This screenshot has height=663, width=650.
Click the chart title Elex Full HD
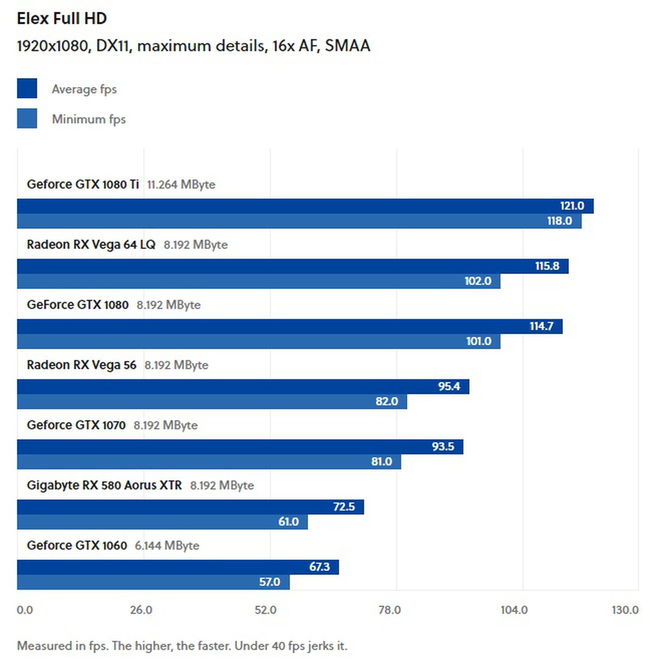pos(62,18)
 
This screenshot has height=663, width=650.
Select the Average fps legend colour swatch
pos(27,88)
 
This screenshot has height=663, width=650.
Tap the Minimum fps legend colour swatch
pos(27,119)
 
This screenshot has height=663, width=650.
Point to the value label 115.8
pos(547,266)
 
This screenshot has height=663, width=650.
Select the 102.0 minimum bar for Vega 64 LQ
pos(258,281)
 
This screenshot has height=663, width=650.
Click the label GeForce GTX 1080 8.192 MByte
pos(114,305)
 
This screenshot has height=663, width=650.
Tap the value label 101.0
pos(479,341)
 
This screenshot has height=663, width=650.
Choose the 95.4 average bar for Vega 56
pos(243,386)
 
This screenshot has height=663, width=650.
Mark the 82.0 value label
pos(387,401)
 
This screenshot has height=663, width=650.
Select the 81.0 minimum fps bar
pos(209,461)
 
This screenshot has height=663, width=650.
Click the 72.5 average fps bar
pos(190,507)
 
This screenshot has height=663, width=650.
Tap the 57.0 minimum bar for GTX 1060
pos(153,582)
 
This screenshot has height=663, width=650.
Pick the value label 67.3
pos(320,567)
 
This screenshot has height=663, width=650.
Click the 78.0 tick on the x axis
pos(389,610)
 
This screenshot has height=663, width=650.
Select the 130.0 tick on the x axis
pos(625,610)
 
